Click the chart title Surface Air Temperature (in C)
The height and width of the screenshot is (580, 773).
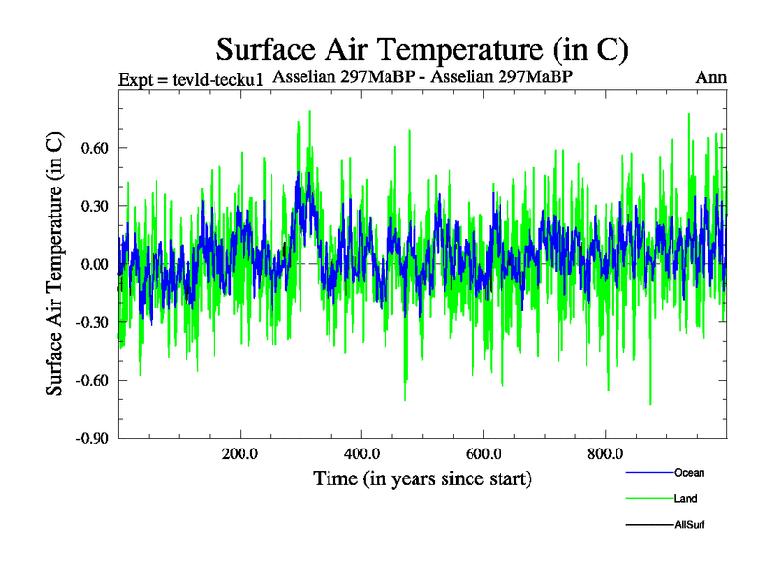point(422,48)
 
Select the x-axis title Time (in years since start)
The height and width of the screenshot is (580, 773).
point(422,478)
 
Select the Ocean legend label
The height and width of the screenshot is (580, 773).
point(689,473)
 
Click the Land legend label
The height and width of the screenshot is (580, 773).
point(685,499)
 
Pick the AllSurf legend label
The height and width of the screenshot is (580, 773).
point(691,525)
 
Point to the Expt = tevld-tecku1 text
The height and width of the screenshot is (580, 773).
point(190,79)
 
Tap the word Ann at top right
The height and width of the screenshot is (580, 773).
point(710,77)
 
